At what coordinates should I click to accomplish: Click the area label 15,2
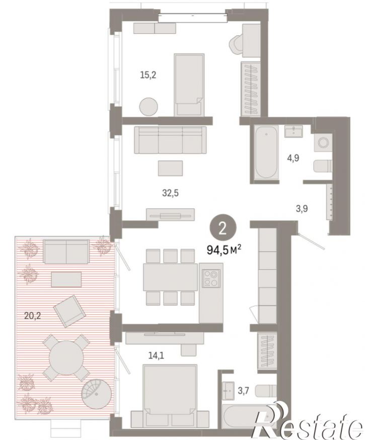[148, 75]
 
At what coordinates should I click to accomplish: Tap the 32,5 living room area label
[170, 193]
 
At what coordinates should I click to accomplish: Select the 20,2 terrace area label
[33, 316]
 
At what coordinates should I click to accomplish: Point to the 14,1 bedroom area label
[156, 356]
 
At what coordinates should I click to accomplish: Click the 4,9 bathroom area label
[293, 158]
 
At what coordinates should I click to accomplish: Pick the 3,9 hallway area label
[302, 208]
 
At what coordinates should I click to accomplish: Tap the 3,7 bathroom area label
[243, 390]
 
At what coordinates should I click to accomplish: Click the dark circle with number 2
[223, 229]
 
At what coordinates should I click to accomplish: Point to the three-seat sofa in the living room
[170, 140]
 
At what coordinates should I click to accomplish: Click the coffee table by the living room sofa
[170, 168]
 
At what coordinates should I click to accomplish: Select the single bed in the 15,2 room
[189, 85]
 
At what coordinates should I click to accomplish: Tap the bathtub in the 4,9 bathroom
[266, 153]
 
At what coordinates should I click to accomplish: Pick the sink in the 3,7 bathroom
[228, 390]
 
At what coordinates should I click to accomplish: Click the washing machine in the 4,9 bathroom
[323, 142]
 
